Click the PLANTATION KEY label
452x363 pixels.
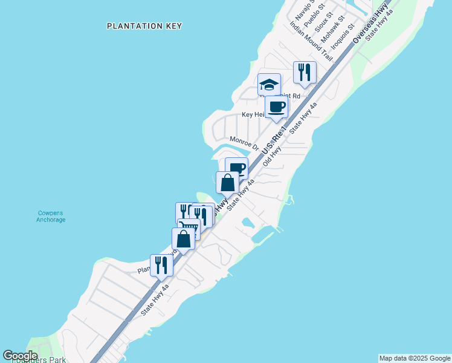click(x=144, y=26)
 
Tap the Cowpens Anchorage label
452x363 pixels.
click(x=51, y=216)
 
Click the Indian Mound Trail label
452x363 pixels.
click(x=311, y=42)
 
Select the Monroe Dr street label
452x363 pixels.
click(x=244, y=143)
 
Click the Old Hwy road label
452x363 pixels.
click(x=273, y=156)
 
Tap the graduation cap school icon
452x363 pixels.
click(x=269, y=85)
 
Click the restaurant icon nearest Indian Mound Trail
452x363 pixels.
click(x=305, y=73)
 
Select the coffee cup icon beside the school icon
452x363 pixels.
click(x=276, y=107)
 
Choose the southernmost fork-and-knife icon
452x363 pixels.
click(x=161, y=265)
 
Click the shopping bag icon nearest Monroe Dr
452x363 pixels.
click(x=228, y=182)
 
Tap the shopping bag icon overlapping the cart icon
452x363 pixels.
click(x=184, y=239)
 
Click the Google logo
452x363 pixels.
click(x=20, y=356)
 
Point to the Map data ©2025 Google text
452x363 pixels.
click(x=415, y=358)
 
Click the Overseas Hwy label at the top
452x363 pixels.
click(x=370, y=25)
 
